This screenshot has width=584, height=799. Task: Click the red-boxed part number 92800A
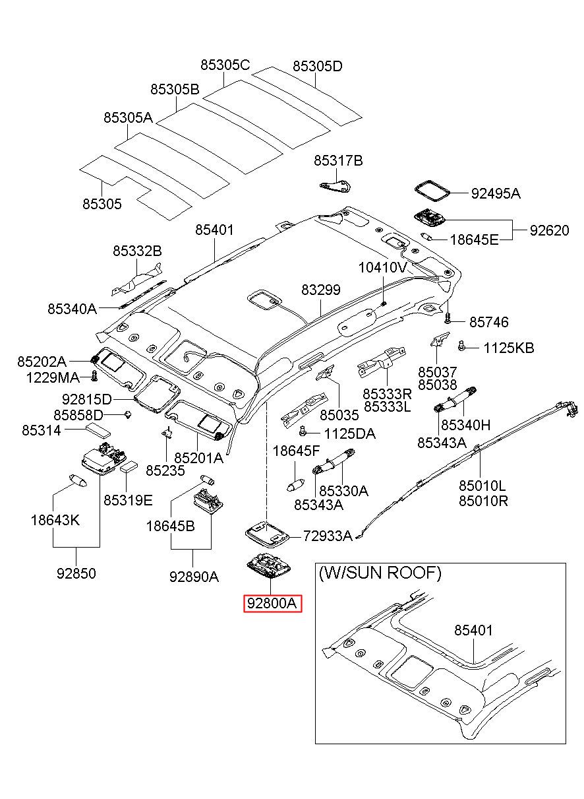[272, 603]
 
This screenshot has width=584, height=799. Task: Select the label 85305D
[318, 66]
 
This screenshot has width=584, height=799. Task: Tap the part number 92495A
[496, 193]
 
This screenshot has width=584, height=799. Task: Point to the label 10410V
[383, 267]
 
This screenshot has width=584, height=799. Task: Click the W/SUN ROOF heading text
[380, 573]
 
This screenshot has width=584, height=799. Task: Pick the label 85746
[489, 322]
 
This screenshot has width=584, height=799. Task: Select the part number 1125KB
[509, 348]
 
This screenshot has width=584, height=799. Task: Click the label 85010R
[483, 501]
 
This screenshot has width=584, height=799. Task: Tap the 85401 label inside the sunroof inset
[473, 630]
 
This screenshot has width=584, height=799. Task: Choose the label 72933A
[328, 535]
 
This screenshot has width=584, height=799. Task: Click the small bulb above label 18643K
[78, 480]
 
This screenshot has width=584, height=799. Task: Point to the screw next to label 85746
[448, 317]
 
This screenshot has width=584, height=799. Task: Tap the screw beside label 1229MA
[94, 376]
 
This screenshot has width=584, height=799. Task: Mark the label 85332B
[137, 251]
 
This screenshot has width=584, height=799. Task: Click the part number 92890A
[194, 577]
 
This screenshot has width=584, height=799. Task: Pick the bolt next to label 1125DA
[303, 431]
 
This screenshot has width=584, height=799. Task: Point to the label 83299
[321, 290]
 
